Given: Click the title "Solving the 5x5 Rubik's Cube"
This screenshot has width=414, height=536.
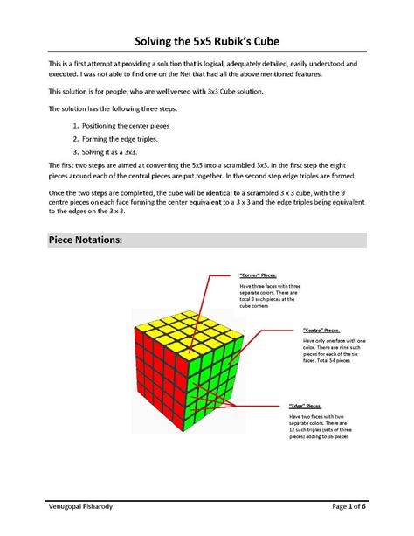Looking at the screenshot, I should (206, 42).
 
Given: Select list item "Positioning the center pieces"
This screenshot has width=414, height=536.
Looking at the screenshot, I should (125, 126).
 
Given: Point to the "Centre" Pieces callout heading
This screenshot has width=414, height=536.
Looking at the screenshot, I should (321, 330).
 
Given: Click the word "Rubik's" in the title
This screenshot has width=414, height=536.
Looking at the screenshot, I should (232, 42).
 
